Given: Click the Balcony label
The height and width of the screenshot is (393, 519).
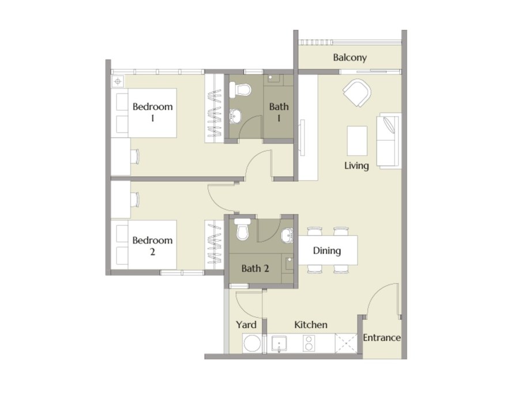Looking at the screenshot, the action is (x=350, y=58).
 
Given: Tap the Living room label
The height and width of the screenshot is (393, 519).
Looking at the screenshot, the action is (x=356, y=166).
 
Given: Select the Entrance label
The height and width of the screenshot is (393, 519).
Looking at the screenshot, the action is (x=382, y=338).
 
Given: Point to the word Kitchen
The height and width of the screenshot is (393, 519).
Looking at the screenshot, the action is (x=311, y=324).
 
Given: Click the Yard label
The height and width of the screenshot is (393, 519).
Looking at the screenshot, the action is (x=246, y=324).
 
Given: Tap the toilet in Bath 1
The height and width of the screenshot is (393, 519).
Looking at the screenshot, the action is (x=240, y=89).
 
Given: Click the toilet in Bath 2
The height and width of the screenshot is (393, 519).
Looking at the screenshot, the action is (x=242, y=229).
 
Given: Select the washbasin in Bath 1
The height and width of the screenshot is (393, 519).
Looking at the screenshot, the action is (x=235, y=117).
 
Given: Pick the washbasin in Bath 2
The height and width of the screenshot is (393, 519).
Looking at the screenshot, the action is (x=287, y=235).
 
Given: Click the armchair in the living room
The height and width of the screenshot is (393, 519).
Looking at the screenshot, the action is (x=357, y=92).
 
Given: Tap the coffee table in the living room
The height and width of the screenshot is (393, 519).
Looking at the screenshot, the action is (x=357, y=140).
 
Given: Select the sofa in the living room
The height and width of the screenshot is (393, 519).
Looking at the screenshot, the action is (x=389, y=141).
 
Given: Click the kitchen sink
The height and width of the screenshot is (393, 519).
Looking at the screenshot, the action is (x=279, y=343).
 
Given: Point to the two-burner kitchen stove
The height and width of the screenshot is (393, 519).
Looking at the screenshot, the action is (x=309, y=343).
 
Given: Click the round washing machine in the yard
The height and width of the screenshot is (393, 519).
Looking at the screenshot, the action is (x=253, y=343).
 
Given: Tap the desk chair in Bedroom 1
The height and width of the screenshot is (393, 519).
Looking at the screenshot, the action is (x=136, y=156).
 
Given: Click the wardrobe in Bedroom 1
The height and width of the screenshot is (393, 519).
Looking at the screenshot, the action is (x=215, y=108).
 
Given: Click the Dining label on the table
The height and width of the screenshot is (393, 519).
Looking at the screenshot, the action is (x=327, y=250).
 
